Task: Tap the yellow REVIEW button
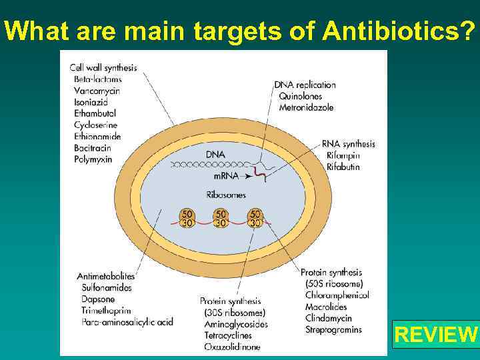(x=436, y=333)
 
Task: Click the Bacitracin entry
(x=93, y=148)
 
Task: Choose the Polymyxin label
(x=93, y=159)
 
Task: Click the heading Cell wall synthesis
(x=103, y=67)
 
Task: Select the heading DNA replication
(x=305, y=85)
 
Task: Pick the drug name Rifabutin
(x=343, y=167)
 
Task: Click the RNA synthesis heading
(x=348, y=143)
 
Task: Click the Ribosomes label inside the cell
(x=226, y=195)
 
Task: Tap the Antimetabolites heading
(x=106, y=276)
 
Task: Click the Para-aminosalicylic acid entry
(x=127, y=322)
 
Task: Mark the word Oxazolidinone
(x=233, y=347)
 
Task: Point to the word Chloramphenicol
(x=337, y=295)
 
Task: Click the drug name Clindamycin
(x=330, y=318)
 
